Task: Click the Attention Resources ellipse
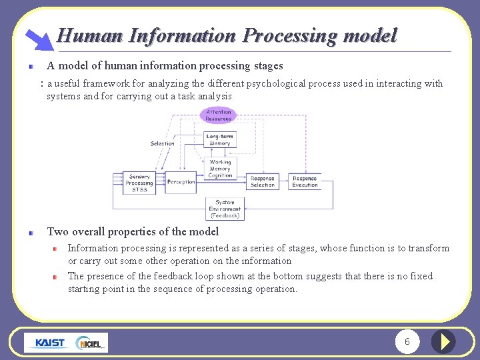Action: tap(218, 115)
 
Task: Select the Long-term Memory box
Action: tap(219, 140)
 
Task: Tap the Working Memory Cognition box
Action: tap(220, 168)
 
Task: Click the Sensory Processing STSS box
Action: tap(139, 183)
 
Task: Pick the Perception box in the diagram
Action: tap(181, 182)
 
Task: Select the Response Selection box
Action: tap(263, 181)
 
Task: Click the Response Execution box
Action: tap(305, 181)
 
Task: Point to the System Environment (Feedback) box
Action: tap(225, 209)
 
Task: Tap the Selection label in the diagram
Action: tap(162, 143)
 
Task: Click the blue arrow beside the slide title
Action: tap(39, 39)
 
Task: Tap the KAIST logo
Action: tap(50, 343)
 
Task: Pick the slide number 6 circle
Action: tap(407, 342)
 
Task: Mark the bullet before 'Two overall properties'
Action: tap(31, 233)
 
